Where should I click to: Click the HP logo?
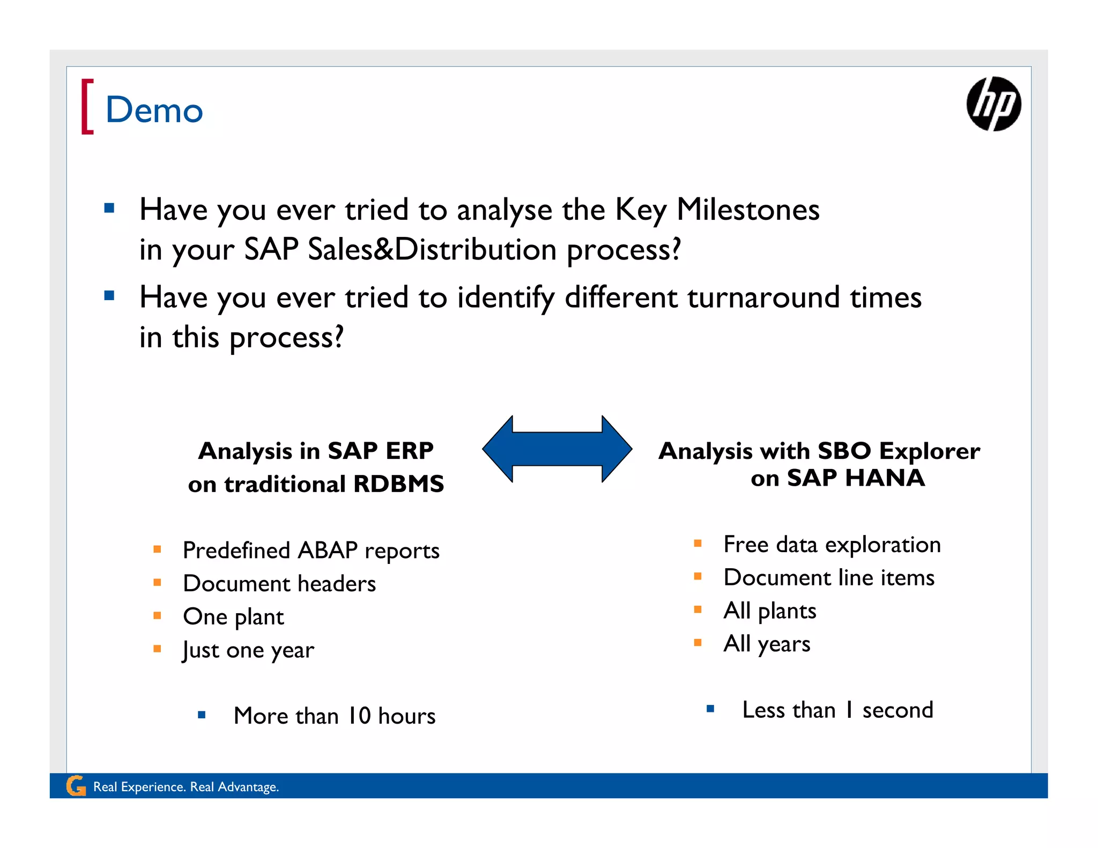pyautogui.click(x=993, y=103)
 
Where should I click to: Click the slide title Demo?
pyautogui.click(x=154, y=110)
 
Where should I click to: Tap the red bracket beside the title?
pyautogui.click(x=87, y=106)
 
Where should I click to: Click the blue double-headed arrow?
pyautogui.click(x=557, y=449)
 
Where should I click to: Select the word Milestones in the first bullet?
pyautogui.click(x=747, y=210)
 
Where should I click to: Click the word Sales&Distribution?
pyautogui.click(x=432, y=250)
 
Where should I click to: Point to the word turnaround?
pyautogui.click(x=763, y=297)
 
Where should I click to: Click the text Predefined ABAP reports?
pyautogui.click(x=311, y=551)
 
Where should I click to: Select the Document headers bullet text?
pyautogui.click(x=279, y=584)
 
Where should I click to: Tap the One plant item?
pyautogui.click(x=233, y=617)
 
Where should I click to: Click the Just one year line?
pyautogui.click(x=248, y=650)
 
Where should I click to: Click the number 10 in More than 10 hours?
pyautogui.click(x=359, y=716)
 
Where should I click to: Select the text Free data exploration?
pyautogui.click(x=832, y=545)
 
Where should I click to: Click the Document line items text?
pyautogui.click(x=829, y=578)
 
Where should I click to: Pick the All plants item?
pyautogui.click(x=769, y=611)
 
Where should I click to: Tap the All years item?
pyautogui.click(x=767, y=644)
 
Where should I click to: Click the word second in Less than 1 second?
pyautogui.click(x=897, y=710)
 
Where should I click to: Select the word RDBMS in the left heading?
pyautogui.click(x=398, y=484)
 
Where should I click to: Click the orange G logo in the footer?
pyautogui.click(x=76, y=786)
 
